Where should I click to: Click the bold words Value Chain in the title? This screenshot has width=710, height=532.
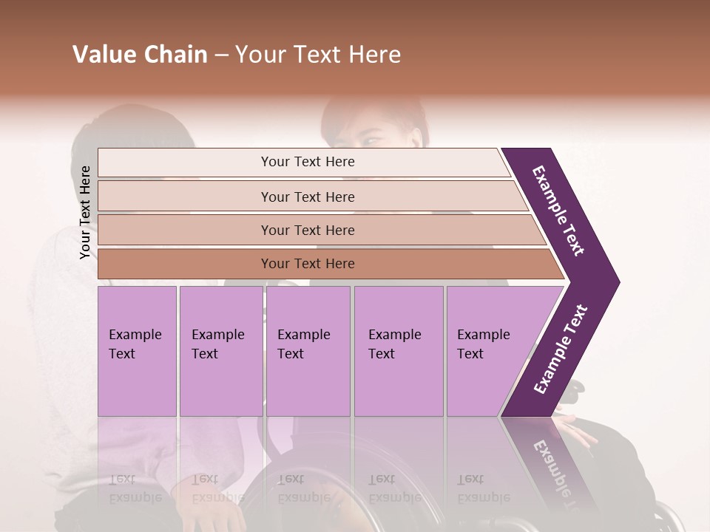click(x=140, y=55)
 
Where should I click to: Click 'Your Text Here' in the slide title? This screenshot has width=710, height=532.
click(x=318, y=55)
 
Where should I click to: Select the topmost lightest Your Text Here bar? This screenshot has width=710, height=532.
click(x=307, y=162)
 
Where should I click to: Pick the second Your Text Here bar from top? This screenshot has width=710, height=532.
click(x=307, y=197)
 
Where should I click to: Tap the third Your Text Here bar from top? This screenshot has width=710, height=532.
click(x=307, y=230)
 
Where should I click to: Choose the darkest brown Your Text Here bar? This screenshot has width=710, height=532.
click(x=307, y=264)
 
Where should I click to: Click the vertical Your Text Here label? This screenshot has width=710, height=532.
click(x=85, y=212)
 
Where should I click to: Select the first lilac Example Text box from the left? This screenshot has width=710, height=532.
click(x=137, y=351)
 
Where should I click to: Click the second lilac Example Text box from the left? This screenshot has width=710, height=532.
click(x=220, y=351)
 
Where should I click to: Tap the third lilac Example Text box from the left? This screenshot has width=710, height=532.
click(x=308, y=351)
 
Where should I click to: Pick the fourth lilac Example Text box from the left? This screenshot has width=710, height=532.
click(x=398, y=351)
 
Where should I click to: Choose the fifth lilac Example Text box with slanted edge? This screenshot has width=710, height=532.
click(x=488, y=351)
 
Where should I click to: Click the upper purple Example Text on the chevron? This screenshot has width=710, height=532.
click(x=559, y=211)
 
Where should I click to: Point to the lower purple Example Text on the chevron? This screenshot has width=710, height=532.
click(x=561, y=349)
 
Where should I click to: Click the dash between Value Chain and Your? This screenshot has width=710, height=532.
click(x=221, y=55)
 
